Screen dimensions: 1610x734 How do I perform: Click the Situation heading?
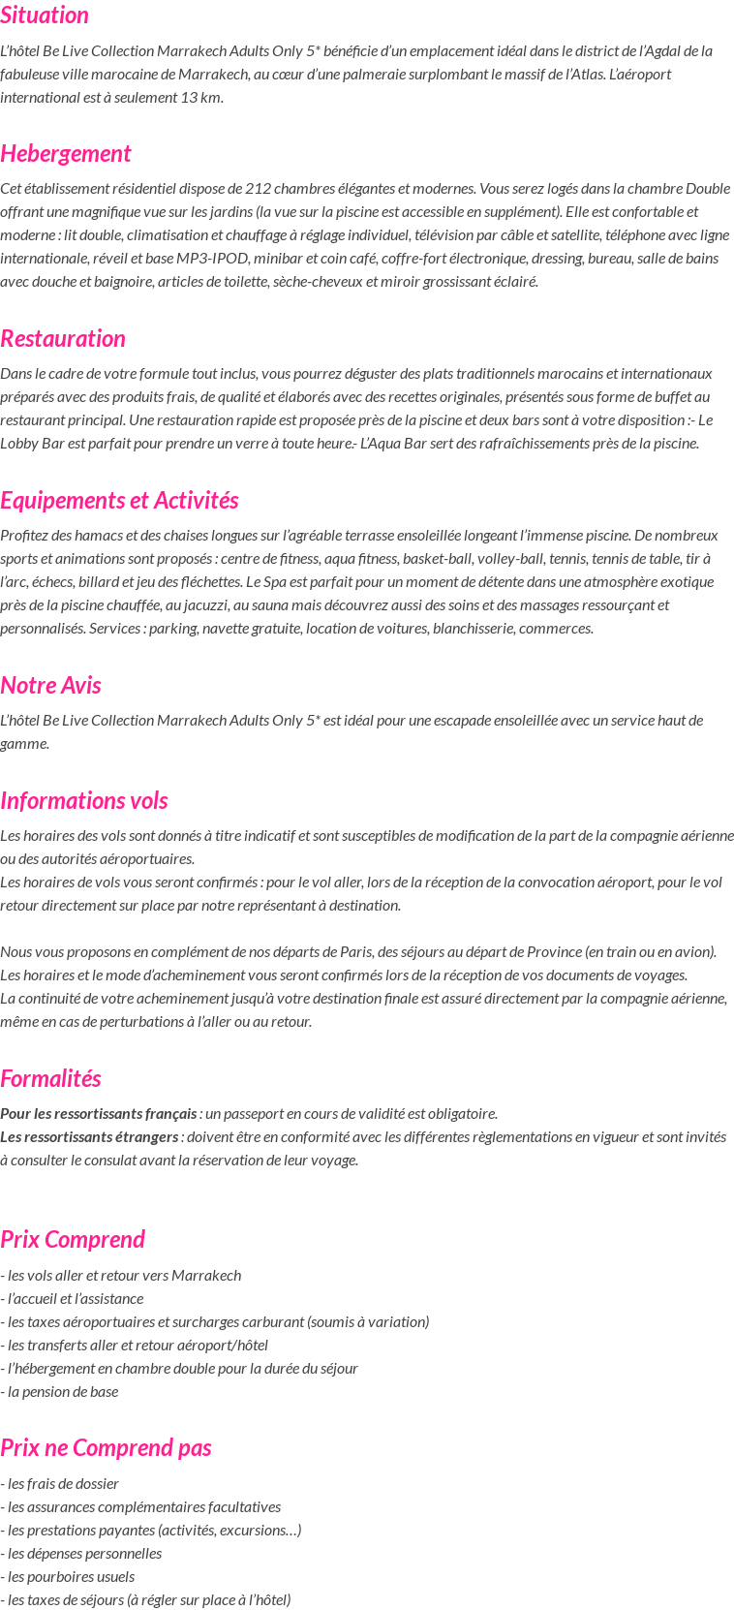point(45,15)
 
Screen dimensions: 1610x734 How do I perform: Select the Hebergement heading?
point(65,154)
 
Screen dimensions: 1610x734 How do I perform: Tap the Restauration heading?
point(63,339)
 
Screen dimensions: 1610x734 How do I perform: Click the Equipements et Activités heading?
point(119,501)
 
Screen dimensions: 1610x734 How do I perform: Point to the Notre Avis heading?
point(50,686)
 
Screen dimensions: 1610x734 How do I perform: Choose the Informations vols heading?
point(84,801)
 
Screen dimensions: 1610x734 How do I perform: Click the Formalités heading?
point(50,1079)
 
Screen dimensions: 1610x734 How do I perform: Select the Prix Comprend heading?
point(73,1240)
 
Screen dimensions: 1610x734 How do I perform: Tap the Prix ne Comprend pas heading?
point(106,1448)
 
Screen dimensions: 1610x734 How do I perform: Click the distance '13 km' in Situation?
point(200,97)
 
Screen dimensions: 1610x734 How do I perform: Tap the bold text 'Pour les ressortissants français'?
point(99,1114)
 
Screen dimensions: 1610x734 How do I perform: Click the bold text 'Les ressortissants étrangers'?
point(89,1137)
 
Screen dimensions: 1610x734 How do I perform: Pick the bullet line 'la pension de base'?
point(62,1392)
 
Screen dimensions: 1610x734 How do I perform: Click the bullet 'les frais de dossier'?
point(62,1484)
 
